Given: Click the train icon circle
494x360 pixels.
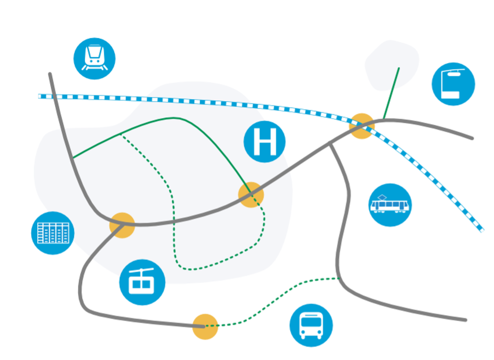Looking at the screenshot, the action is pos(94,58).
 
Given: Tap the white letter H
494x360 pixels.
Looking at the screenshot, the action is pos(265,142).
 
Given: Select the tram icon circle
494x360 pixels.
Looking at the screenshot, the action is pos(390,205).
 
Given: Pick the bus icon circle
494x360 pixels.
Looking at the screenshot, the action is pos(311,326).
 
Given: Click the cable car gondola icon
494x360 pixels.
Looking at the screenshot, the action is pos(142,282).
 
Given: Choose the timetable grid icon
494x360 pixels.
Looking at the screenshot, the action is pos(53,233).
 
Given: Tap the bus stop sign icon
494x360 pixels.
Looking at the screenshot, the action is pos(453,84).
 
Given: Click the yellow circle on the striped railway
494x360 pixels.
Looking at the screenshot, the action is pos(362,126).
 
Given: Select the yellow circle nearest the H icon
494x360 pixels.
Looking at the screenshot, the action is pos(251,195).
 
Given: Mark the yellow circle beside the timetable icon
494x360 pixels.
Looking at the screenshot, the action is pos(122,225).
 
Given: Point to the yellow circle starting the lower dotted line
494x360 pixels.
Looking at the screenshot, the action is pos(205,326).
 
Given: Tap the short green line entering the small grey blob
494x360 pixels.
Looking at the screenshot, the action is pos(391,93).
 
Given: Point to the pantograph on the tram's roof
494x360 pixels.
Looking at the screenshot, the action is pos(382,197).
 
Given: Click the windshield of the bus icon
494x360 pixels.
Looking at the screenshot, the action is pos(311,322).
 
